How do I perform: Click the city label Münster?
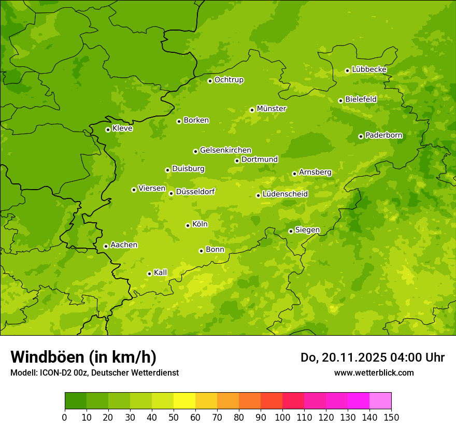pyautogui.click(x=272, y=109)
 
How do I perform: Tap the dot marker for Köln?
pyautogui.click(x=188, y=225)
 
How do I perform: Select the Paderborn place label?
pyautogui.click(x=384, y=135)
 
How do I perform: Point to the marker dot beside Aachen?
pyautogui.click(x=106, y=246)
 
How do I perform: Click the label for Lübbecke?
pyautogui.click(x=369, y=69)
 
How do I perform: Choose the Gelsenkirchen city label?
pyautogui.click(x=225, y=150)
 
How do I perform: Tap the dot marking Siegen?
pyautogui.click(x=291, y=231)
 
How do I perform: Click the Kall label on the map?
pyautogui.click(x=161, y=273)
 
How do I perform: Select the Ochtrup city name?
pyautogui.click(x=229, y=80)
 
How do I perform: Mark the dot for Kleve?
pyautogui.click(x=108, y=130)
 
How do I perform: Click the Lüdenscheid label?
pyautogui.click(x=285, y=194)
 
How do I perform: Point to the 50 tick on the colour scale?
pyautogui.click(x=174, y=417)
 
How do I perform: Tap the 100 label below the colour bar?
pyautogui.click(x=282, y=417)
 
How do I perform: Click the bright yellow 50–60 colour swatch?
pyautogui.click(x=184, y=401)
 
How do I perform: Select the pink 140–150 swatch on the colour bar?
pyautogui.click(x=380, y=401)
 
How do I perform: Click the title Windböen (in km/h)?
pyautogui.click(x=83, y=357)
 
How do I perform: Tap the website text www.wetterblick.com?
pyautogui.click(x=374, y=372)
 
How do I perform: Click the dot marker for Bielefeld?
pyautogui.click(x=340, y=101)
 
